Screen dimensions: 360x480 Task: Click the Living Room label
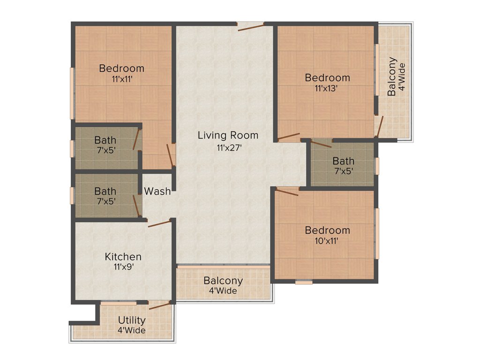(228, 135)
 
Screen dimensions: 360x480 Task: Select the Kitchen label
(123, 257)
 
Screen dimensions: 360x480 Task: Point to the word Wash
(157, 191)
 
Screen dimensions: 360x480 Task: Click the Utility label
(131, 320)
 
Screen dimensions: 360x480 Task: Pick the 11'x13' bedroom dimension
(327, 88)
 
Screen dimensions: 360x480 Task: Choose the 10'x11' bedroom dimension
(327, 241)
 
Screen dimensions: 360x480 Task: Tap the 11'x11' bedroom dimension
(121, 79)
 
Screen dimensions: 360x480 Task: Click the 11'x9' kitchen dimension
(123, 268)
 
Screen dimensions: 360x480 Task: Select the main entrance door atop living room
(250, 26)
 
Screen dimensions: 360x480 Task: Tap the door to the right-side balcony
(379, 126)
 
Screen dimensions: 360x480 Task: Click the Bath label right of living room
(344, 162)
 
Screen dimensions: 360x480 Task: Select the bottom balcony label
(223, 281)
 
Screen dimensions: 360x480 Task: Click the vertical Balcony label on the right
(392, 76)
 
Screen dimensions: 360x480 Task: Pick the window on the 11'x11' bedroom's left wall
(73, 93)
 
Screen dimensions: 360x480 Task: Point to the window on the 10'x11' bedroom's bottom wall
(304, 282)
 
